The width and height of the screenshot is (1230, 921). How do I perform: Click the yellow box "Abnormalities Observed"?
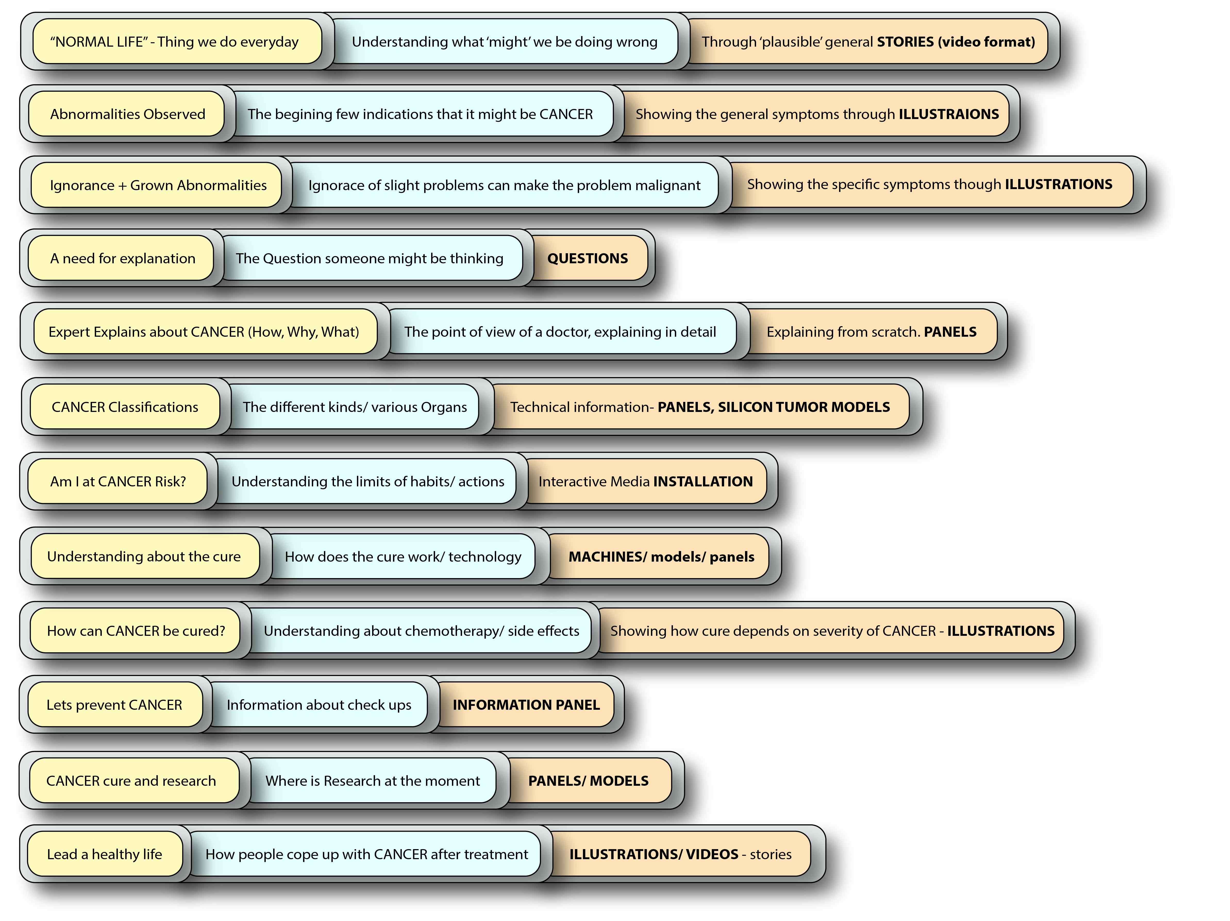[127, 114]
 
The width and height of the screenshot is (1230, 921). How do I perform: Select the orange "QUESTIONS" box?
[588, 258]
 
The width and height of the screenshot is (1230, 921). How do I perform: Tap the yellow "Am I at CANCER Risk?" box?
[118, 481]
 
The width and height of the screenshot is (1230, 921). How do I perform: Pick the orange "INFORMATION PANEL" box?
[526, 705]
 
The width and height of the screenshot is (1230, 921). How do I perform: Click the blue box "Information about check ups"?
[319, 705]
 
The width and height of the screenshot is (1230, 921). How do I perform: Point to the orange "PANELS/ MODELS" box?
[588, 781]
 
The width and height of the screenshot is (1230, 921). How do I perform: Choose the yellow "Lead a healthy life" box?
[105, 854]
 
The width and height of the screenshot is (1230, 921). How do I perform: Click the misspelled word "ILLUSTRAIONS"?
[949, 114]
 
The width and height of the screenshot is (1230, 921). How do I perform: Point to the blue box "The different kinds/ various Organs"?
[354, 407]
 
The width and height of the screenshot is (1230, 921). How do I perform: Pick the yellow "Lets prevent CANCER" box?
[114, 705]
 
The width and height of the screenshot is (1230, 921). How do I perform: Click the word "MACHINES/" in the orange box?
[607, 556]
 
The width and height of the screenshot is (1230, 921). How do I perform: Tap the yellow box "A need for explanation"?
[122, 258]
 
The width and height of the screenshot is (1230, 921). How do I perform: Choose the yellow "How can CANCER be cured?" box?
[136, 631]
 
